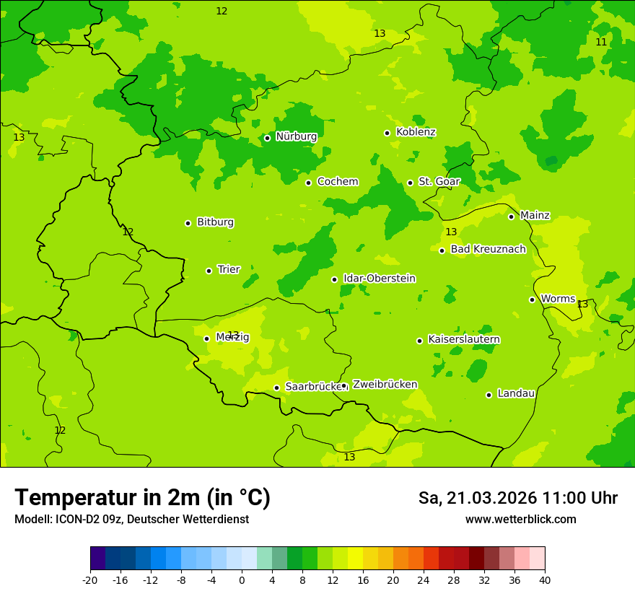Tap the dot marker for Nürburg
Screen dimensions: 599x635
pos(267,138)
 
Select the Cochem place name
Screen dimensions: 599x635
pos(337,182)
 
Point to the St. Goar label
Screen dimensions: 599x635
pos(439,182)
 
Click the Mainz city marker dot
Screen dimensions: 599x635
pos(511,217)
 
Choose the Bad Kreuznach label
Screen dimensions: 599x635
pos(488,250)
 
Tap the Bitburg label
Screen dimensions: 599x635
pos(215,222)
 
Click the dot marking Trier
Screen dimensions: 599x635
pos(209,271)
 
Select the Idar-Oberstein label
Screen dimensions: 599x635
pos(379,279)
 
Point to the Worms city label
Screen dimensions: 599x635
pos(557,299)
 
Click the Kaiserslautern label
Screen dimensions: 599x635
pos(463,340)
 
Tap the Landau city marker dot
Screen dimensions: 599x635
pos(489,395)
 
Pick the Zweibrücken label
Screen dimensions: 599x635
pos(385,385)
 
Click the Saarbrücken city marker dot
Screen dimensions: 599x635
pos(276,388)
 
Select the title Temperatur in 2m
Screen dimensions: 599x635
pos(142,498)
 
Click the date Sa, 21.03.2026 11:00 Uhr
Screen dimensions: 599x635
pos(517,498)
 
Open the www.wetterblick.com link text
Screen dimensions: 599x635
pos(520,520)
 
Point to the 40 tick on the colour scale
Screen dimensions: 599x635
pos(545,580)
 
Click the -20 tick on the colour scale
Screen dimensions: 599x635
pos(90,580)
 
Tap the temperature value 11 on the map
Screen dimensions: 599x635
pos(601,43)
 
